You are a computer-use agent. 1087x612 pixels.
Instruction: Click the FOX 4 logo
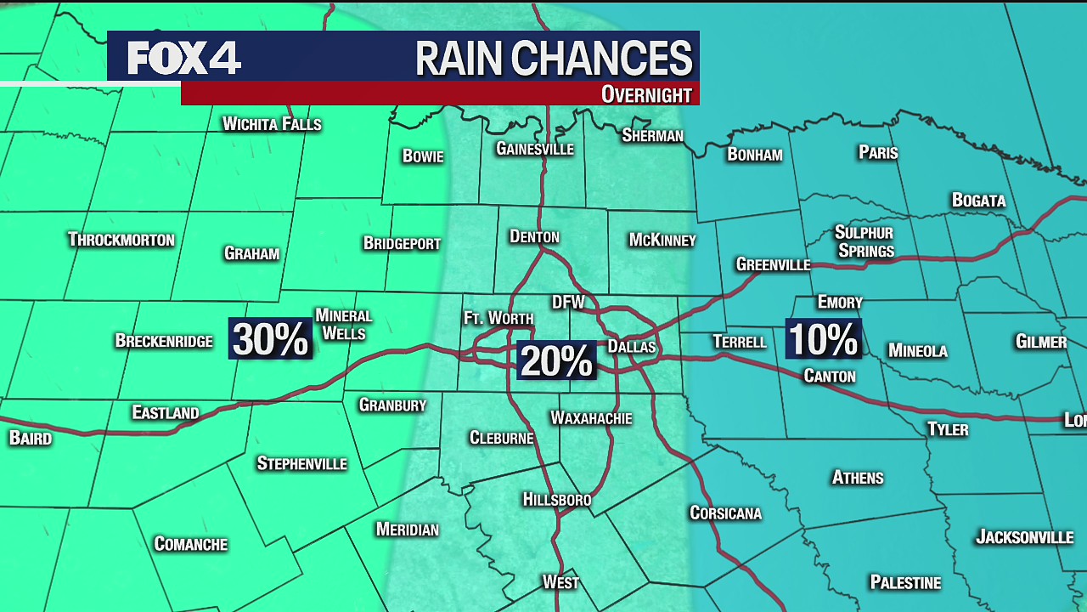[x=184, y=58]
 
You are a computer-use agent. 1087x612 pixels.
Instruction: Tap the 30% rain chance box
[x=270, y=339]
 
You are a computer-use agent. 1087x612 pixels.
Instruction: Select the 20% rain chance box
[x=556, y=360]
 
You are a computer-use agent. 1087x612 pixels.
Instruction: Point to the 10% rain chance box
[x=823, y=339]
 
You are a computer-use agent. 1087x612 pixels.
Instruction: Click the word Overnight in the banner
[x=646, y=93]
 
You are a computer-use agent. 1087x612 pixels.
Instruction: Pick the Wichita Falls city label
[x=272, y=124]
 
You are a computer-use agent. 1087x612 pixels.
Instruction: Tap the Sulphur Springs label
[x=865, y=241]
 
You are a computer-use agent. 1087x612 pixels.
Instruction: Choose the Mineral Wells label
[x=343, y=324]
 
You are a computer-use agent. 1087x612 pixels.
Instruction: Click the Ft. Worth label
[x=498, y=319]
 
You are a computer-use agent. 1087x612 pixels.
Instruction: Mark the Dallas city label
[x=632, y=347]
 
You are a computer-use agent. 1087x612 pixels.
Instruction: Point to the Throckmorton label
[x=121, y=240]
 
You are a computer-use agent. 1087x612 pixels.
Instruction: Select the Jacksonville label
[x=1025, y=537]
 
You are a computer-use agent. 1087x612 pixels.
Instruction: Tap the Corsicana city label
[x=725, y=513]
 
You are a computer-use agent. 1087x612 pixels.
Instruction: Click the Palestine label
[x=905, y=582]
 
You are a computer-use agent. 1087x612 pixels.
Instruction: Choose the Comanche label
[x=191, y=544]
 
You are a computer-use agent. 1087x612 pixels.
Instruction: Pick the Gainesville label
[x=535, y=149]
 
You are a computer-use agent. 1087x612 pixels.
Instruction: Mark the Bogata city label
[x=978, y=201]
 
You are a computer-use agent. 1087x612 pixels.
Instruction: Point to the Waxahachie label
[x=591, y=418]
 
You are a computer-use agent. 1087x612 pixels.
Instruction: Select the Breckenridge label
[x=164, y=341]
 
